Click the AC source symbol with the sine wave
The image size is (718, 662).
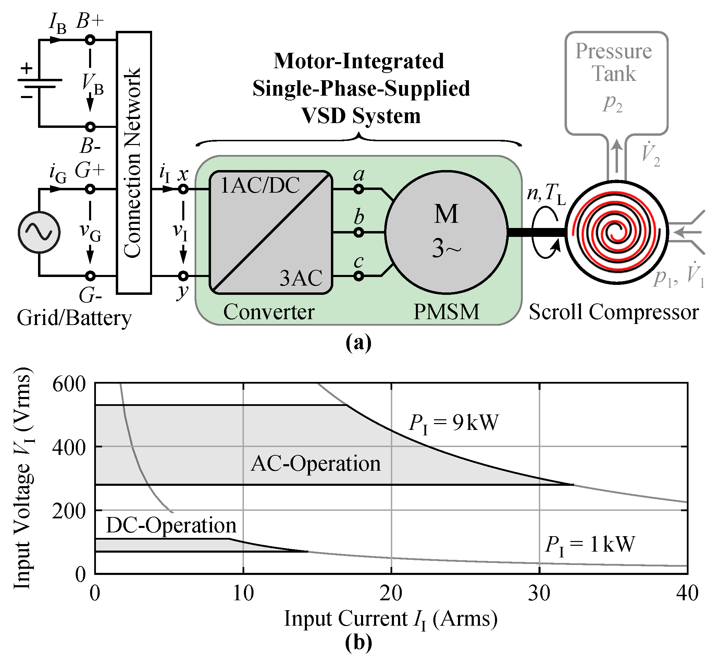[x=39, y=232]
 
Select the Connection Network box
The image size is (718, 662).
[x=134, y=162]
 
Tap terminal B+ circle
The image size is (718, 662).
[x=90, y=40]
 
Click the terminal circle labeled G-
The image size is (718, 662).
[x=90, y=276]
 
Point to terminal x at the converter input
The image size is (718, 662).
[x=183, y=189]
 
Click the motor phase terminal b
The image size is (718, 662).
[x=359, y=232]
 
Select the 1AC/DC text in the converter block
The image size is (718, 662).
[x=260, y=185]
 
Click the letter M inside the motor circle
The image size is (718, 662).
[x=446, y=214]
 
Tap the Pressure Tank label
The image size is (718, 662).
[x=614, y=62]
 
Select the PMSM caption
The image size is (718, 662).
[x=446, y=312]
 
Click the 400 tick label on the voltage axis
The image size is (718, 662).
[x=69, y=447]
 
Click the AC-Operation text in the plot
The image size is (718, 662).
[x=316, y=464]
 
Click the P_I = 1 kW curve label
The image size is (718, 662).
[x=590, y=545]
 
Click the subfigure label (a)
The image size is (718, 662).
[x=358, y=343]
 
